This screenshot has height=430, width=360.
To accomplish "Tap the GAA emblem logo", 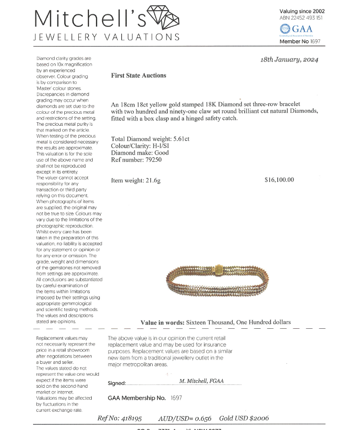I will [284, 30].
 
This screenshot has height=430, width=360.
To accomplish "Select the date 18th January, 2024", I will [289, 60].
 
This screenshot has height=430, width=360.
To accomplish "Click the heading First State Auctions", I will [138, 75].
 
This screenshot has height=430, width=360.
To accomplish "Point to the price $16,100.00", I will [279, 180].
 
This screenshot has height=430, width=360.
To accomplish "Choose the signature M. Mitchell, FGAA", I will [202, 381].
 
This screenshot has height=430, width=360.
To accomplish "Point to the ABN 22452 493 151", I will [300, 18].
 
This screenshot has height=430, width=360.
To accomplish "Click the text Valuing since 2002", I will [302, 11].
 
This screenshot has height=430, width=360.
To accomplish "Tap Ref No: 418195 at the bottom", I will [120, 418].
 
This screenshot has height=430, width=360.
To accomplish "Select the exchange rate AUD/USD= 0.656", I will [185, 418].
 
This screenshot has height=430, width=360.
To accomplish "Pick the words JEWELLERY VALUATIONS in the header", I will [107, 37].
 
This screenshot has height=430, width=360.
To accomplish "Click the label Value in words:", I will [162, 322].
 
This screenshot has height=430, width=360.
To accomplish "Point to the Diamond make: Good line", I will [136, 153].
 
